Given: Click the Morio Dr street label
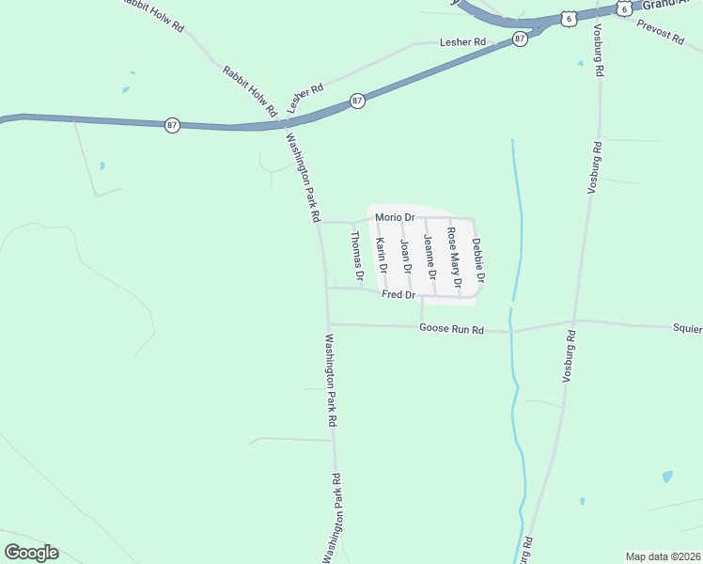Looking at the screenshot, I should [395, 217].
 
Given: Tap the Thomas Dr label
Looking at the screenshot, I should [356, 257].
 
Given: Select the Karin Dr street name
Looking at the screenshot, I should [382, 262].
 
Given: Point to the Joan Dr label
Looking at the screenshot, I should [406, 256].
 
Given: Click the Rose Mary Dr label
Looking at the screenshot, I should [454, 257].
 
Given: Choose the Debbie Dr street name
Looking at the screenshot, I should [478, 260].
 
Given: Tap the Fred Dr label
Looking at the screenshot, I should [398, 295].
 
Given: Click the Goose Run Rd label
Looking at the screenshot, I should [451, 329].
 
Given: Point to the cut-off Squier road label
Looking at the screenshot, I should [687, 328].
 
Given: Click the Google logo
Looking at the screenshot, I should [31, 553].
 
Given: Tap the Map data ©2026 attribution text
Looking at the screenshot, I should [663, 556].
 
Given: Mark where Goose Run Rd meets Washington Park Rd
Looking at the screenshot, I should [328, 324].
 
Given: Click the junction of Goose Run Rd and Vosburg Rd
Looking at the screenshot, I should [574, 321].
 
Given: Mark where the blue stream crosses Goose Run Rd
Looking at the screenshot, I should [511, 331].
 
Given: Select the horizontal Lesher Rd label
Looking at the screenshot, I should [462, 42].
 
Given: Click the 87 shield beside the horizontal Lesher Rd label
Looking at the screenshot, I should [520, 39].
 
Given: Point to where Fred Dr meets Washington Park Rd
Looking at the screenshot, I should [327, 288].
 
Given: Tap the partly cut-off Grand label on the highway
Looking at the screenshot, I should [668, 4].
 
